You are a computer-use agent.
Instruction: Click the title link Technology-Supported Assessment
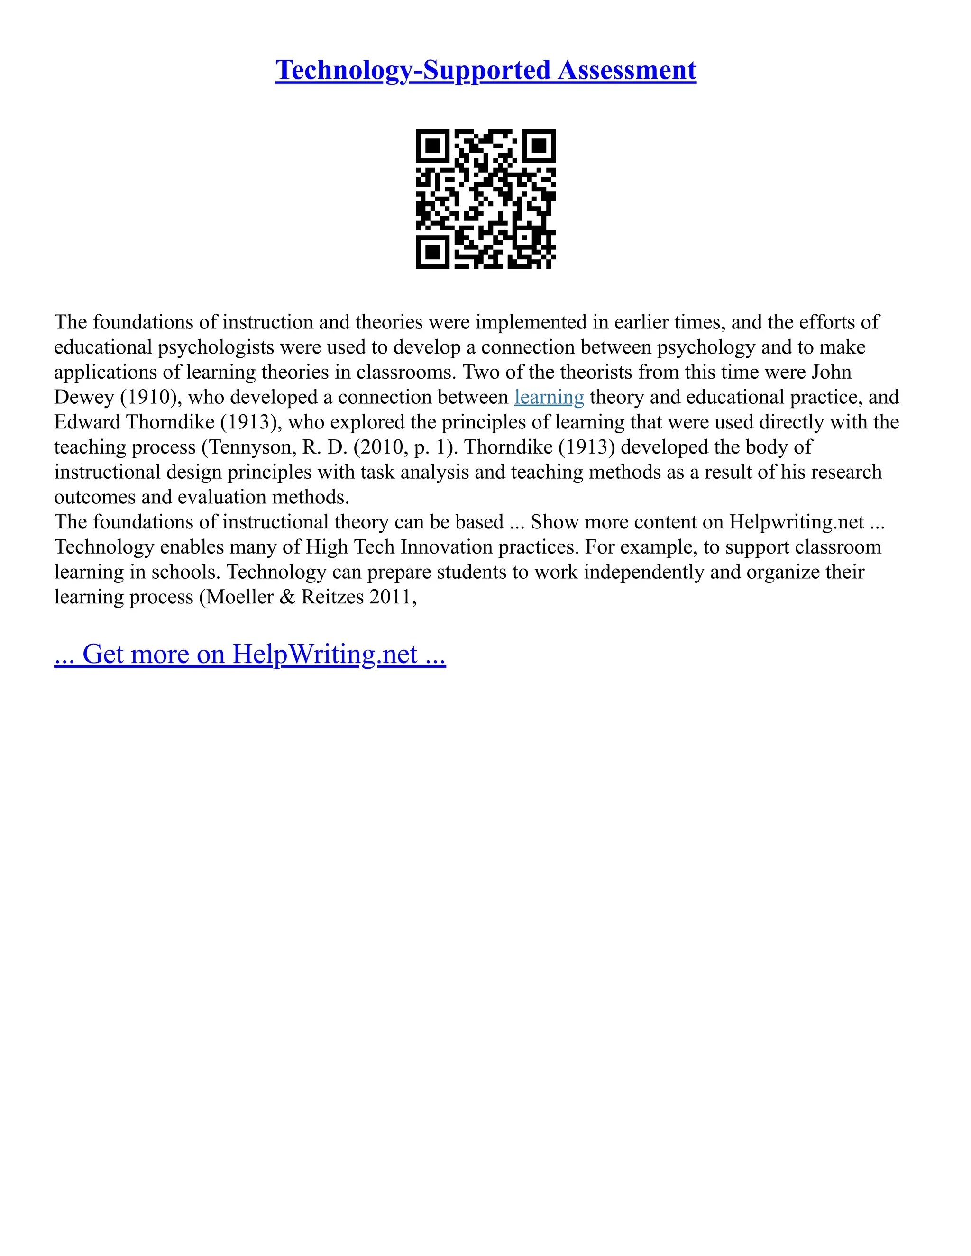pyautogui.click(x=485, y=70)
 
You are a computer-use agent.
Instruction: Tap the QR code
pyautogui.click(x=485, y=199)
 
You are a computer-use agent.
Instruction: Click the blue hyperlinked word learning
pyautogui.click(x=549, y=397)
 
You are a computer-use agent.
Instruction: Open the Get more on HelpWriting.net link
pyautogui.click(x=250, y=654)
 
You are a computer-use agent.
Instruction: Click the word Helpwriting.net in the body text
pyautogui.click(x=796, y=522)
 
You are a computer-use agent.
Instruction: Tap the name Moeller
pyautogui.click(x=240, y=596)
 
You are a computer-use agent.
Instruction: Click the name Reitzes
pyautogui.click(x=332, y=596)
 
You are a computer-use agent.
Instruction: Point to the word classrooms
pyautogui.click(x=405, y=372)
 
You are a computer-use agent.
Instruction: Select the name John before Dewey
pyautogui.click(x=831, y=372)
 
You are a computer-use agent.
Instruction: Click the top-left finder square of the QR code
pyautogui.click(x=432, y=146)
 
